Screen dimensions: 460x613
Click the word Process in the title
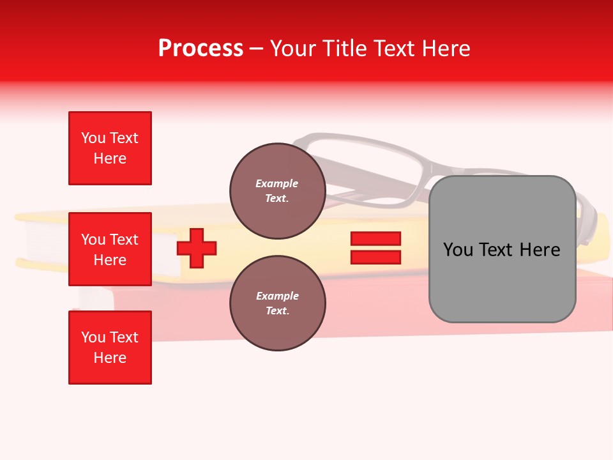point(201,49)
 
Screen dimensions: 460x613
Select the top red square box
point(110,148)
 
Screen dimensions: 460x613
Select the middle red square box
point(110,249)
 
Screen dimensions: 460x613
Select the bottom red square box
point(110,348)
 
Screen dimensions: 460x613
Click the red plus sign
point(197,248)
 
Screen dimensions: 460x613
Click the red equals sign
point(375,248)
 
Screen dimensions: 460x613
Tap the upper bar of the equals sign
point(375,238)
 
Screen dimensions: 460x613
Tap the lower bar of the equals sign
point(375,257)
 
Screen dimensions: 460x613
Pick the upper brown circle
point(277,191)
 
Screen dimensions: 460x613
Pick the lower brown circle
point(277,303)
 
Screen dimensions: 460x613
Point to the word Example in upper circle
point(276,183)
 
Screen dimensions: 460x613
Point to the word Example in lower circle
point(276,296)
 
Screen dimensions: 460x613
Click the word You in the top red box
point(93,138)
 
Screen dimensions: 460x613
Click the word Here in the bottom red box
point(110,358)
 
